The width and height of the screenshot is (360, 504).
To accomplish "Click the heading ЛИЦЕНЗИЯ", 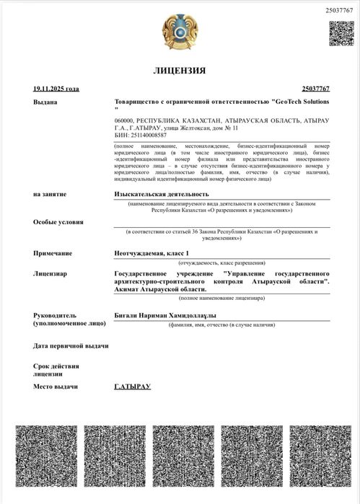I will [180, 71].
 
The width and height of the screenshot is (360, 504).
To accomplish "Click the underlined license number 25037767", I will [315, 89].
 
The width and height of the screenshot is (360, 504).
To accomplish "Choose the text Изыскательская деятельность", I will [162, 195].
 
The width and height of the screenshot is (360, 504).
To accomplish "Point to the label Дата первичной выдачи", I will [71, 346].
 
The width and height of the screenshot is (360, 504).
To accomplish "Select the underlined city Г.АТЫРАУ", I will [132, 387].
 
